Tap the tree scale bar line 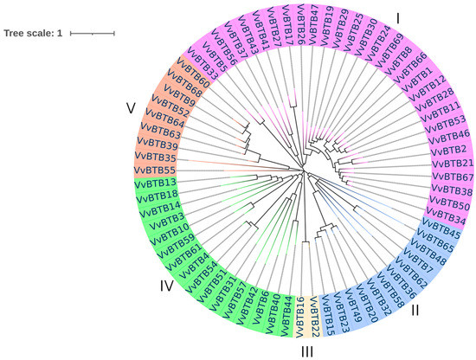click(x=92, y=33)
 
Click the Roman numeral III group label click(x=307, y=350)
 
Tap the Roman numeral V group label click(x=130, y=108)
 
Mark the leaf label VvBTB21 click(x=452, y=164)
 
